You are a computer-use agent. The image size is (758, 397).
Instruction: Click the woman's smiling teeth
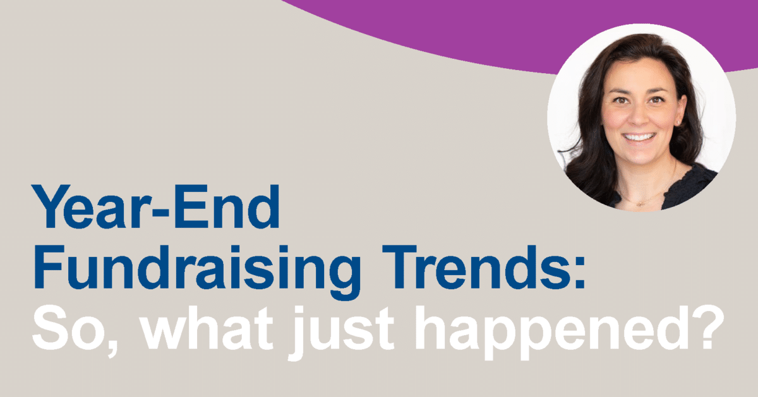(x=639, y=138)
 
